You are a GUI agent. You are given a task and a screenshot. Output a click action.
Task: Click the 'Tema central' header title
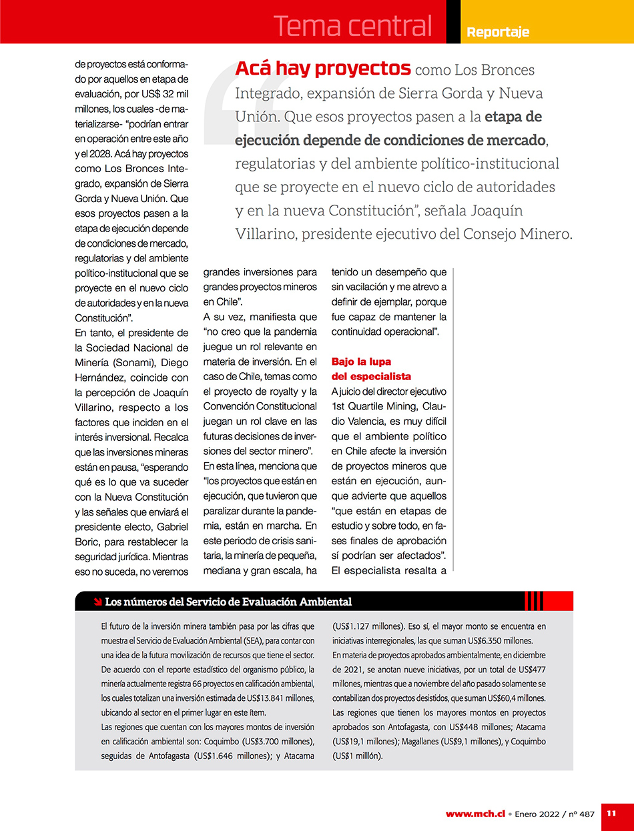coord(352,27)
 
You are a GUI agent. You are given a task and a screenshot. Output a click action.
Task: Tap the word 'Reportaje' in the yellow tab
coord(498,32)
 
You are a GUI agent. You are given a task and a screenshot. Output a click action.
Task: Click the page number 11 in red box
coord(611,813)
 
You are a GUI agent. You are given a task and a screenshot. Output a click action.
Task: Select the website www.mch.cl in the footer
coord(475,814)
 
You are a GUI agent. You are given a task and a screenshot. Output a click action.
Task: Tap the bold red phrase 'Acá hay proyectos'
coord(322,68)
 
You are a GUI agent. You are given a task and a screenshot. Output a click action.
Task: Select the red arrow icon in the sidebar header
coord(97,602)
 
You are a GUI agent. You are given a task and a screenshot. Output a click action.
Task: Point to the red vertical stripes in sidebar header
coord(534,601)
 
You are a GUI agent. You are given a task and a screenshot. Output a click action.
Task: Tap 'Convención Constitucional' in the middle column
coord(260,406)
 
